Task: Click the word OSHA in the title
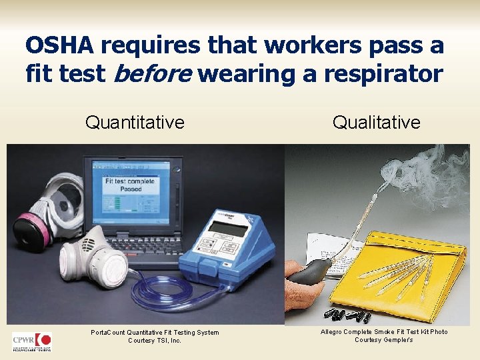point(59,45)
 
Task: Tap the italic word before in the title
point(149,73)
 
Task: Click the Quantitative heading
point(135,122)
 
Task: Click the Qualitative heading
point(376,122)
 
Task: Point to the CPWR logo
point(31,341)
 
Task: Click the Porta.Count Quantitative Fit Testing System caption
point(155,336)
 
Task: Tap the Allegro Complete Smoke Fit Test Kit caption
point(383,335)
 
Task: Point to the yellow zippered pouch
point(413,267)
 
